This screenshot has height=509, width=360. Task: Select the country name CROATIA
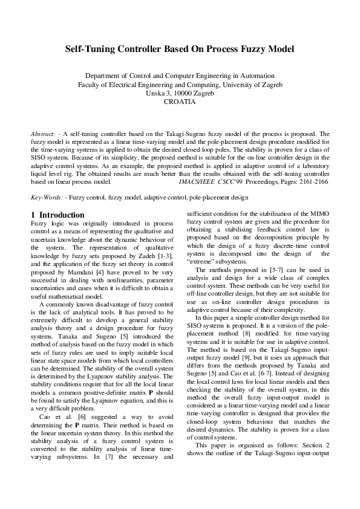(x=180, y=102)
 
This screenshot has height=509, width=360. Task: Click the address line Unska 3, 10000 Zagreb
(x=180, y=94)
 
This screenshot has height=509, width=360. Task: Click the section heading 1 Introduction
(x=57, y=215)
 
